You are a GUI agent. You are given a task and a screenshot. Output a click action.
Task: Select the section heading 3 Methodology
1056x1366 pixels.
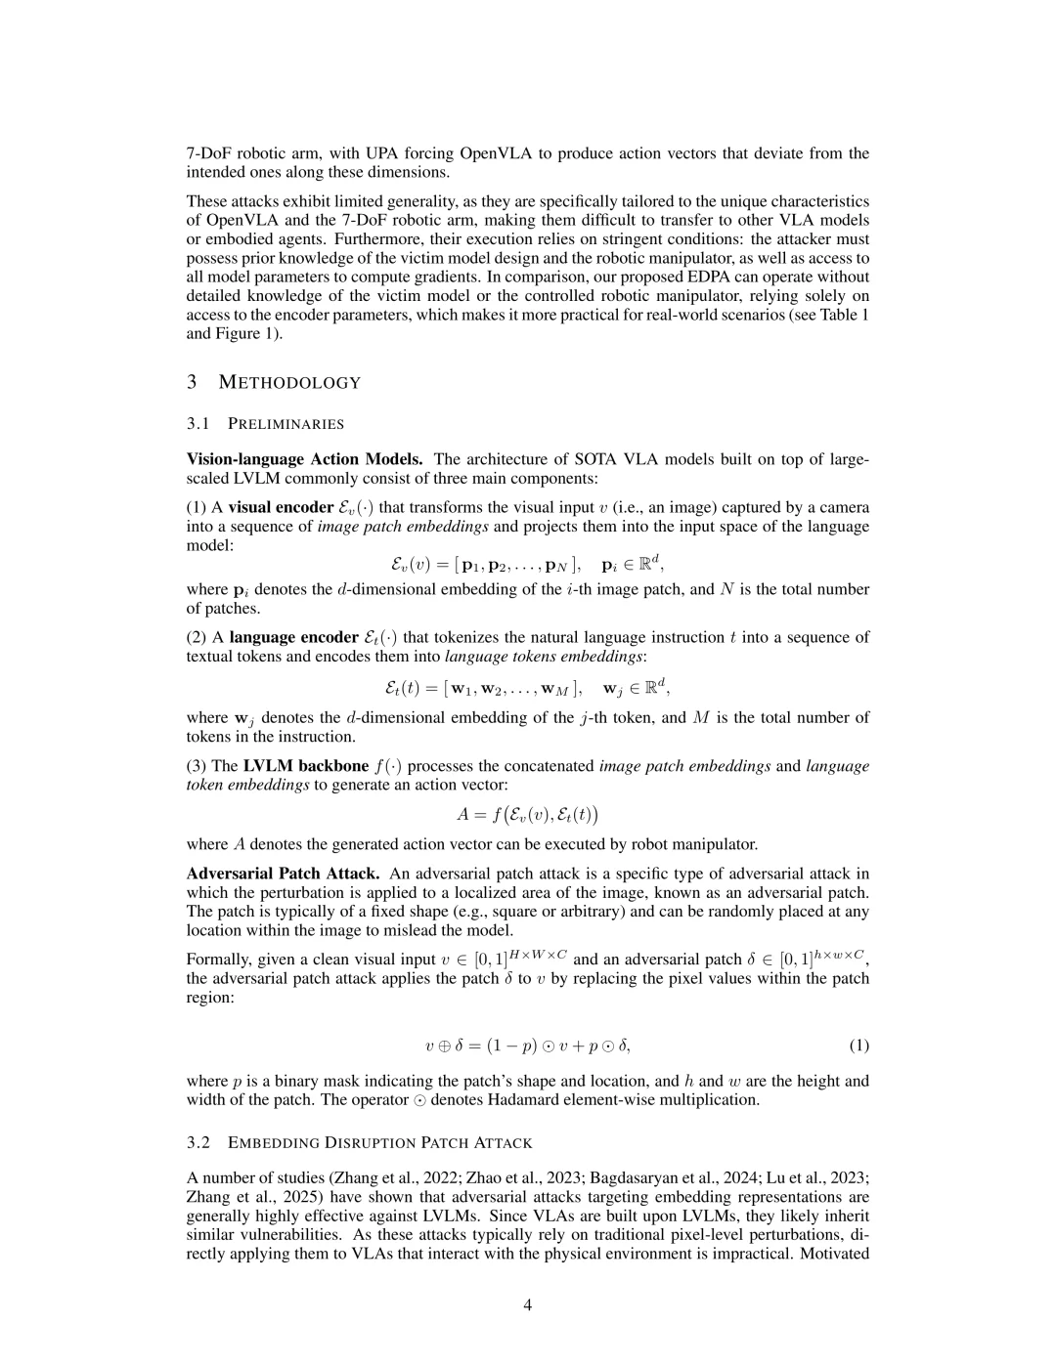coord(274,382)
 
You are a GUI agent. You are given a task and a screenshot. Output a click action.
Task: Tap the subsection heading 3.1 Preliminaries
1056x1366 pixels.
coord(265,423)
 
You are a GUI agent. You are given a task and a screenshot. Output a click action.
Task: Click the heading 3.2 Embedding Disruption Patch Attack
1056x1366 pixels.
coord(360,1142)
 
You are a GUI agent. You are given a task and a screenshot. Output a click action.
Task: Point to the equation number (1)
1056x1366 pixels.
coord(858,1046)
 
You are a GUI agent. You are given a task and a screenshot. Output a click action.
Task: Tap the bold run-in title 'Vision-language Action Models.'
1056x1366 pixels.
coord(304,459)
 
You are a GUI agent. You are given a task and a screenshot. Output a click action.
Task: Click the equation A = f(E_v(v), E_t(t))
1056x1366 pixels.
coord(527,814)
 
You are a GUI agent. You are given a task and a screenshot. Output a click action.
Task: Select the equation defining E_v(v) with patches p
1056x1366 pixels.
coord(527,564)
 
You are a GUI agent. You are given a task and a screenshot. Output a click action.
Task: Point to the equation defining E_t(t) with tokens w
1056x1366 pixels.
coord(527,688)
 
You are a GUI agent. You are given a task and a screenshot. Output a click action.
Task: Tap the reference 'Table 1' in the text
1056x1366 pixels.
coord(843,315)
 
